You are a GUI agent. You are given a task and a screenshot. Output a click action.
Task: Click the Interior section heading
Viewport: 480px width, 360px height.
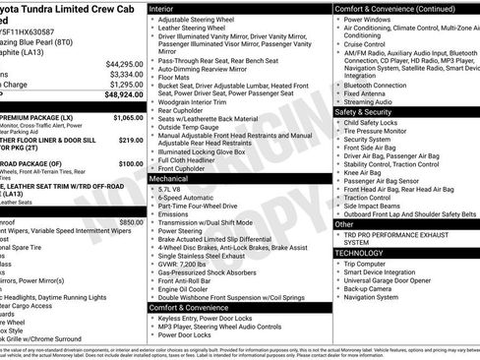point(162,8)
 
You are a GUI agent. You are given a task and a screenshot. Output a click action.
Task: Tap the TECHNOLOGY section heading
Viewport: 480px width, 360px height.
point(360,253)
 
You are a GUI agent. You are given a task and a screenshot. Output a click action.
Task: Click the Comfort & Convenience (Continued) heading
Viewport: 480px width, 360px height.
point(390,8)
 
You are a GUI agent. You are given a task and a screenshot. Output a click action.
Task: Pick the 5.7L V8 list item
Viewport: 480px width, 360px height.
point(171,190)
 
